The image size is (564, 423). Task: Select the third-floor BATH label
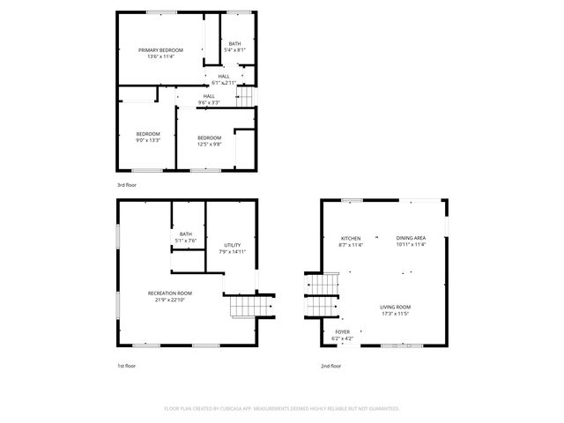tap(234, 44)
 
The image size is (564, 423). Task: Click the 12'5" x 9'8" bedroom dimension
tap(209, 144)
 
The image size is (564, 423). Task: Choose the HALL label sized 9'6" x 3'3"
tap(209, 96)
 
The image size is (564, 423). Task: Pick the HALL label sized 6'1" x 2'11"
tap(224, 76)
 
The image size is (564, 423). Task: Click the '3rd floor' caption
tap(126, 185)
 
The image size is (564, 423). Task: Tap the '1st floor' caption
tap(126, 365)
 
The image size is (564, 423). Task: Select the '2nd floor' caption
tap(330, 365)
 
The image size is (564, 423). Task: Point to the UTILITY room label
tap(232, 245)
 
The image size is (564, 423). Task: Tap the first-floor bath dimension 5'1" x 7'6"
tap(185, 241)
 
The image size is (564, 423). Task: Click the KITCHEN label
tap(351, 239)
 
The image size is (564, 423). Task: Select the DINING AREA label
tap(411, 239)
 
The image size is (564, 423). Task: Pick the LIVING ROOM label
tap(396, 307)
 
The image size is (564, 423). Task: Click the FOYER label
tap(342, 331)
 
